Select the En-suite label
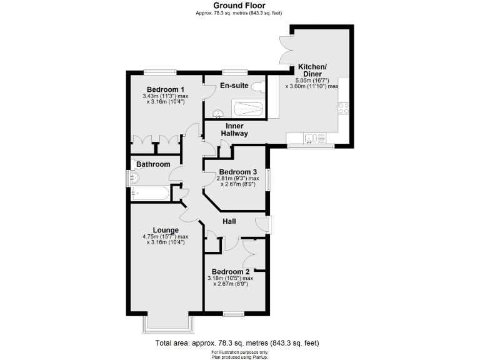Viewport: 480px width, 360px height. [234, 86]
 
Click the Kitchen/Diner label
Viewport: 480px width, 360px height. [312, 70]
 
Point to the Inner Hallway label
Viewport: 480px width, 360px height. [235, 129]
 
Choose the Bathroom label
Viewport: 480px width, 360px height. [153, 164]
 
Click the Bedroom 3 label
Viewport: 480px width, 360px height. [237, 172]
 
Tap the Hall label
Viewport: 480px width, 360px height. [231, 220]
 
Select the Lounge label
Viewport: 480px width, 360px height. [166, 229]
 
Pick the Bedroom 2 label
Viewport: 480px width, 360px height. [231, 271]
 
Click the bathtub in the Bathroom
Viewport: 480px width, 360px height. [151, 194]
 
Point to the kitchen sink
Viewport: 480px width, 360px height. [310, 138]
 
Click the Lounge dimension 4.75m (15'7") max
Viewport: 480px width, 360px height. [166, 237]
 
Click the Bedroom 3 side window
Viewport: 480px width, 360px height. [268, 179]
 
